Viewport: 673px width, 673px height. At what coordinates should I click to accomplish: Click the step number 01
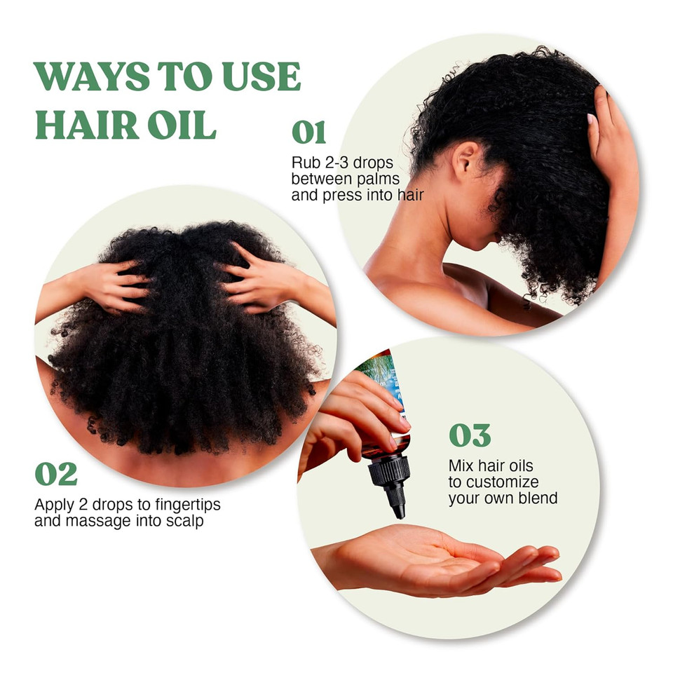[x=309, y=132]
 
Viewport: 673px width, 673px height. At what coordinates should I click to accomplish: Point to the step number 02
[x=56, y=475]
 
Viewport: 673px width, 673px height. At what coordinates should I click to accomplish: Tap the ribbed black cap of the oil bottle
[x=388, y=470]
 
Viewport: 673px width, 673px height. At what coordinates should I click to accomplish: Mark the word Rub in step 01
[x=306, y=163]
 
